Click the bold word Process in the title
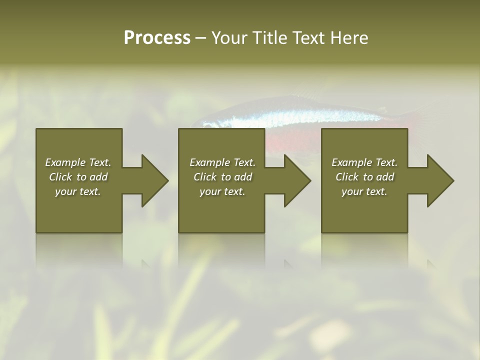(x=157, y=38)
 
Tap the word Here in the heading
(x=349, y=38)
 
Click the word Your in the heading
(x=229, y=38)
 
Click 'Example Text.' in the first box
(x=78, y=162)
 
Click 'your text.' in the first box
(x=78, y=191)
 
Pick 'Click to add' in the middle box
(x=222, y=177)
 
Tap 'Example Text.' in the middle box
(x=222, y=162)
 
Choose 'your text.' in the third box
(x=364, y=191)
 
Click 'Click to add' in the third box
(x=364, y=177)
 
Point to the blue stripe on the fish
(x=300, y=119)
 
